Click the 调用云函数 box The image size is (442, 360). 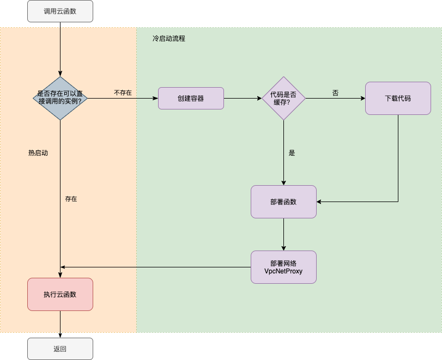(60, 11)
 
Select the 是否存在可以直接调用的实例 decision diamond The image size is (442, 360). (60, 97)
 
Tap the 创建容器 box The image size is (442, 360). (191, 99)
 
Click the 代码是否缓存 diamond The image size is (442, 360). (283, 98)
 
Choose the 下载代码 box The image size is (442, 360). (398, 99)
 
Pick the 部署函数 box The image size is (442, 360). (283, 202)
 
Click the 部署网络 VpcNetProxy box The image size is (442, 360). (283, 267)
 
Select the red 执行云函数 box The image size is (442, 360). (60, 295)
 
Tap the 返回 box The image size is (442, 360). (60, 349)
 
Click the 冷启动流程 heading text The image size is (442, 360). (169, 39)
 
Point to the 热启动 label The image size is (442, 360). (38, 153)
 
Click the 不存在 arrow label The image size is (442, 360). (123, 93)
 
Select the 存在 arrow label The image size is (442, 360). (71, 199)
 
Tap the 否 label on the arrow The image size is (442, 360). (335, 93)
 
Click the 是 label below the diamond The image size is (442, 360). (292, 153)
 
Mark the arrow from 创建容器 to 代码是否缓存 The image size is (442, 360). (243, 99)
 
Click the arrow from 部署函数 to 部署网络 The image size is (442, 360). (283, 234)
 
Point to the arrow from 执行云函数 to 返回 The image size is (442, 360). (60, 324)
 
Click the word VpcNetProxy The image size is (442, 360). (283, 271)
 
